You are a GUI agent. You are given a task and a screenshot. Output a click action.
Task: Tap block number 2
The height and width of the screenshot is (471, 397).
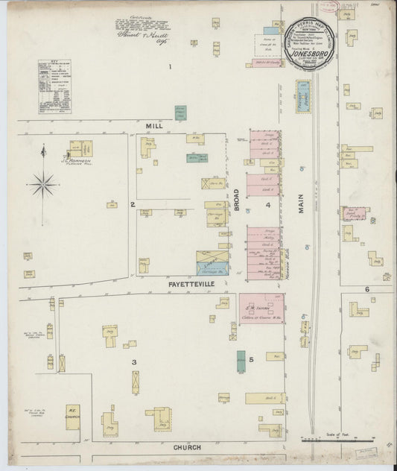pos(132,203)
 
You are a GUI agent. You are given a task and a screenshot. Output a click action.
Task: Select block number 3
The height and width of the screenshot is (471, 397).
pos(134,362)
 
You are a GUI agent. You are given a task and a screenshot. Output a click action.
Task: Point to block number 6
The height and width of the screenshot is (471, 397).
pos(366,288)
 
